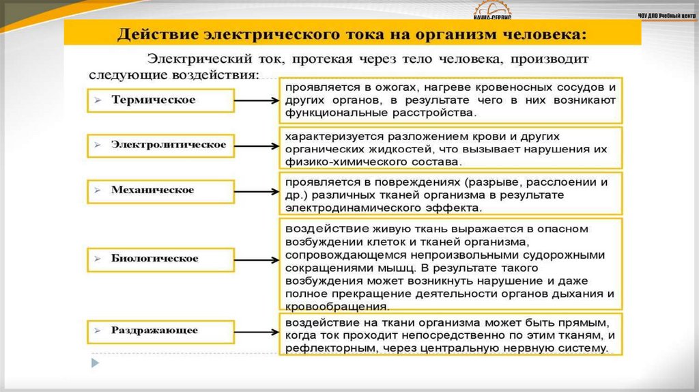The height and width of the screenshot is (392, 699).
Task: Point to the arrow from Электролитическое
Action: (x=253, y=145)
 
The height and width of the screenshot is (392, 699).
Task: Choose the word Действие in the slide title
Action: (x=156, y=33)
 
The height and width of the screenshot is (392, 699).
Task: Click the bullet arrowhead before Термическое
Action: (x=98, y=100)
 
